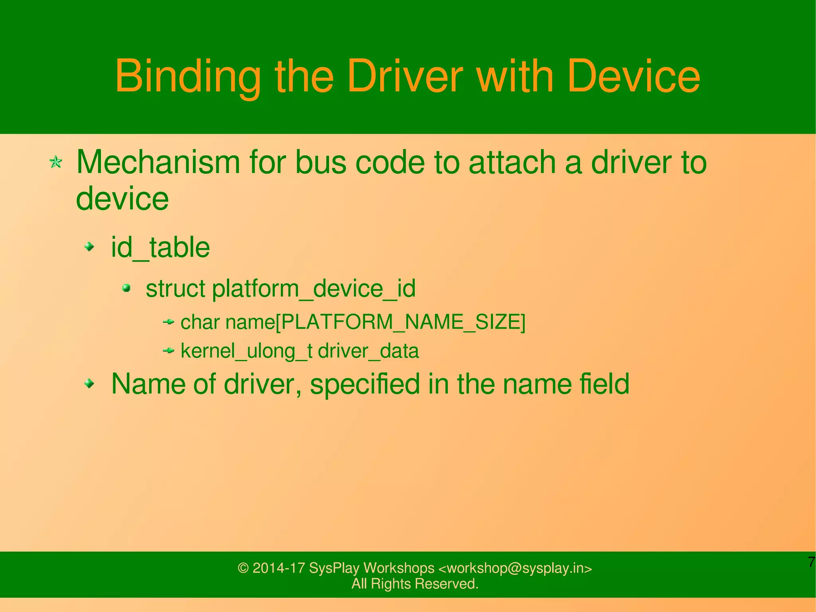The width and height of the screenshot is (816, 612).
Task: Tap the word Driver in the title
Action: [405, 76]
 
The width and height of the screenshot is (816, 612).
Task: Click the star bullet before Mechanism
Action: [56, 162]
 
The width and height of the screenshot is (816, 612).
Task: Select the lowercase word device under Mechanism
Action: [122, 198]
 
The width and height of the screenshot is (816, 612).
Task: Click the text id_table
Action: [160, 247]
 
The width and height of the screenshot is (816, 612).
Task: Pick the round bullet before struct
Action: [127, 288]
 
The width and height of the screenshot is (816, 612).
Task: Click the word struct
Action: [175, 288]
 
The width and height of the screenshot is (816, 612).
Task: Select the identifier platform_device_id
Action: [314, 288]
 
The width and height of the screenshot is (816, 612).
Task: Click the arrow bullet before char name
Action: [169, 321]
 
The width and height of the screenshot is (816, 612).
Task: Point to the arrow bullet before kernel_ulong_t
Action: [169, 350]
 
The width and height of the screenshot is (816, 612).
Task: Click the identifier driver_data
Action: [368, 351]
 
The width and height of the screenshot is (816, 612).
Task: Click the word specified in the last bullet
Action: [365, 384]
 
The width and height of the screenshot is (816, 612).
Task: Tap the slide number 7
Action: [811, 562]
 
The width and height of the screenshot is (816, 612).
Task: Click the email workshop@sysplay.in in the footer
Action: [515, 568]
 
